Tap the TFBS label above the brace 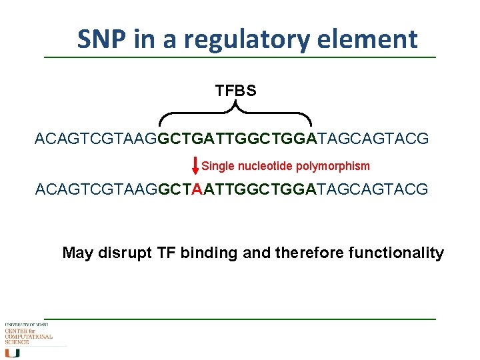(235, 91)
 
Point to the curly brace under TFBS (235, 114)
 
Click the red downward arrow (195, 166)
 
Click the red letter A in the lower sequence (197, 190)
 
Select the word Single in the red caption (218, 166)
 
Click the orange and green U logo (13, 353)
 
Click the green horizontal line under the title (240, 57)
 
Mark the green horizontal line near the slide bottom (240, 319)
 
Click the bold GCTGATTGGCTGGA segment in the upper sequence (235, 139)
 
